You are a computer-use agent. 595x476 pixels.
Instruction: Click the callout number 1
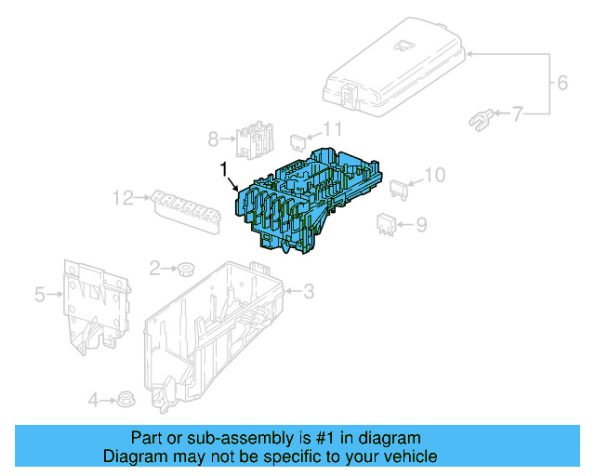(x=223, y=168)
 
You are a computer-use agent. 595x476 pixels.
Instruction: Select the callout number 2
(x=155, y=269)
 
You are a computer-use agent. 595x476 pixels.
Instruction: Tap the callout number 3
(x=309, y=292)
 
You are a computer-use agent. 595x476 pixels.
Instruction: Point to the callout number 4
(x=93, y=401)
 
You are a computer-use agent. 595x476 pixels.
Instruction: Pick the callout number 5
(x=40, y=295)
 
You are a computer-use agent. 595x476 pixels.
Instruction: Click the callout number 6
(x=562, y=84)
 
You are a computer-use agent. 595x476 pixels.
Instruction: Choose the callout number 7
(x=518, y=113)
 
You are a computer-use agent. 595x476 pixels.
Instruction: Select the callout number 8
(x=213, y=139)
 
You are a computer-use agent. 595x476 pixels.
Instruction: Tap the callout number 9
(x=420, y=223)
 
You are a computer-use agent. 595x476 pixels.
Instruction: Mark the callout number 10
(x=434, y=175)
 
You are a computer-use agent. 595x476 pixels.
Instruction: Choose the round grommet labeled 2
(x=185, y=270)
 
